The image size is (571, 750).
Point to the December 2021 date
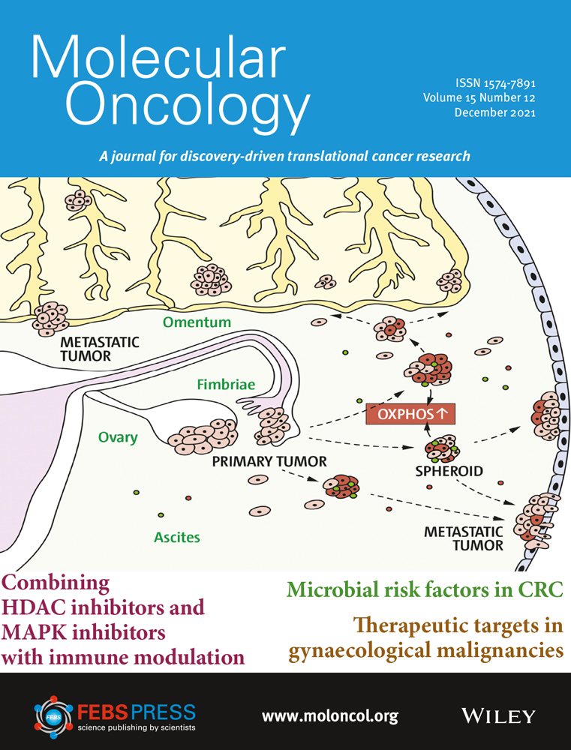tap(495, 113)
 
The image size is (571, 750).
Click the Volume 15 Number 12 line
tap(479, 98)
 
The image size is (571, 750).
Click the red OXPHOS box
tap(410, 414)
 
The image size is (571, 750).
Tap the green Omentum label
tap(197, 322)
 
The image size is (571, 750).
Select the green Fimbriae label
tap(226, 384)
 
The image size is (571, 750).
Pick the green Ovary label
tap(118, 438)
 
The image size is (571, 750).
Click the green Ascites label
tap(176, 537)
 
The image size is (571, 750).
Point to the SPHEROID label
tap(449, 471)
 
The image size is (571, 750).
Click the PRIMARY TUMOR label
tap(269, 461)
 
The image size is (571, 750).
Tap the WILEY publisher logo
tap(498, 716)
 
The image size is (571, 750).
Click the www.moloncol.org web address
tap(330, 716)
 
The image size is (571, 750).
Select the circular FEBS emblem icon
tap(53, 715)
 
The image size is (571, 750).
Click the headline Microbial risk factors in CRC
tap(425, 590)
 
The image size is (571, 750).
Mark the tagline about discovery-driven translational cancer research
tap(284, 156)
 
